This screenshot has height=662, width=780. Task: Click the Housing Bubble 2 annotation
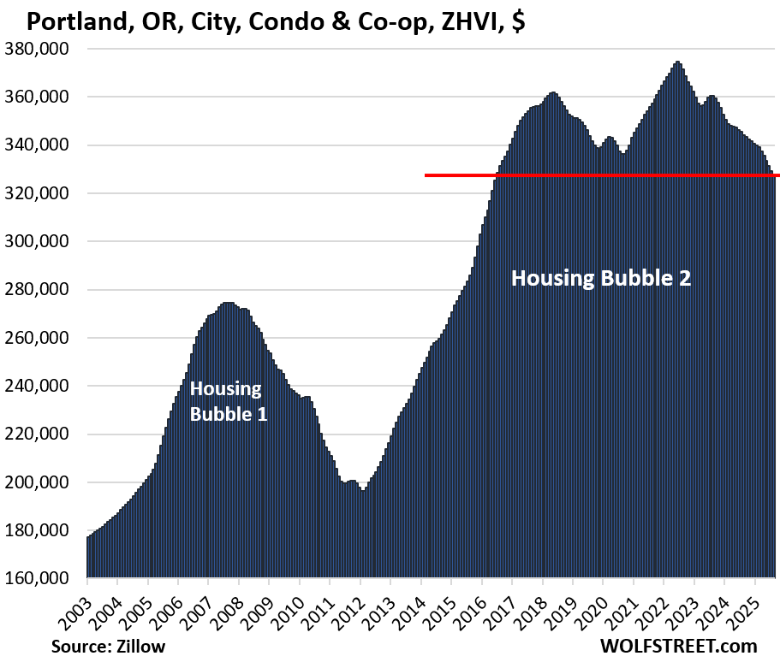coord(600,278)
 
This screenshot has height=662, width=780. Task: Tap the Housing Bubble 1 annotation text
coord(226,401)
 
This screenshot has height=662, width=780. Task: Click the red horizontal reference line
coord(599,175)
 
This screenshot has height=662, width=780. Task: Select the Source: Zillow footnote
coord(109,646)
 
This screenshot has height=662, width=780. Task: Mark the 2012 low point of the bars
coord(362,491)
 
